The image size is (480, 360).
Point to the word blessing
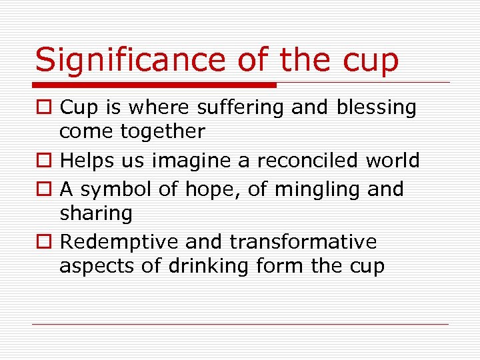click(376, 107)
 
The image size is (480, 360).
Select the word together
click(163, 132)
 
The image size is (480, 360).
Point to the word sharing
click(96, 214)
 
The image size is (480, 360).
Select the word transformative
click(304, 241)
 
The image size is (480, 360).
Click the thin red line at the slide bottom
click(240, 325)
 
